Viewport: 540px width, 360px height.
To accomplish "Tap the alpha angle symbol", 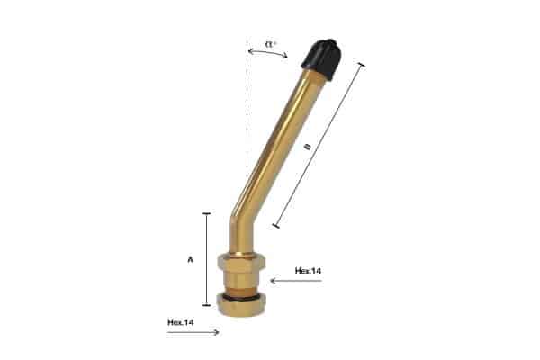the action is pyautogui.click(x=271, y=44).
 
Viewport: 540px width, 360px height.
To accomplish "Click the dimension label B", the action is pyautogui.click(x=309, y=147).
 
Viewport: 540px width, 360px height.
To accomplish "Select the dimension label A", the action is pyautogui.click(x=191, y=259).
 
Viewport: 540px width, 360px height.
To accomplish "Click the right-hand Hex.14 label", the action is pyautogui.click(x=308, y=271).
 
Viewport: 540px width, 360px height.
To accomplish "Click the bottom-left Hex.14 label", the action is pyautogui.click(x=181, y=322).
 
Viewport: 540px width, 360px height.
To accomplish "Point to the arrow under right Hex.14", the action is pyautogui.click(x=296, y=281).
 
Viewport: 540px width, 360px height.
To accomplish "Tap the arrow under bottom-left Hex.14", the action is pyautogui.click(x=193, y=332).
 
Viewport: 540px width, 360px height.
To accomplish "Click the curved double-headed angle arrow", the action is pyautogui.click(x=268, y=52).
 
